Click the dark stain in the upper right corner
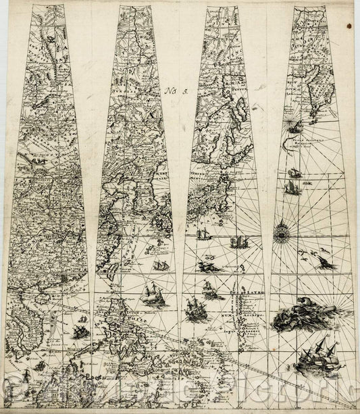coord(349,25)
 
